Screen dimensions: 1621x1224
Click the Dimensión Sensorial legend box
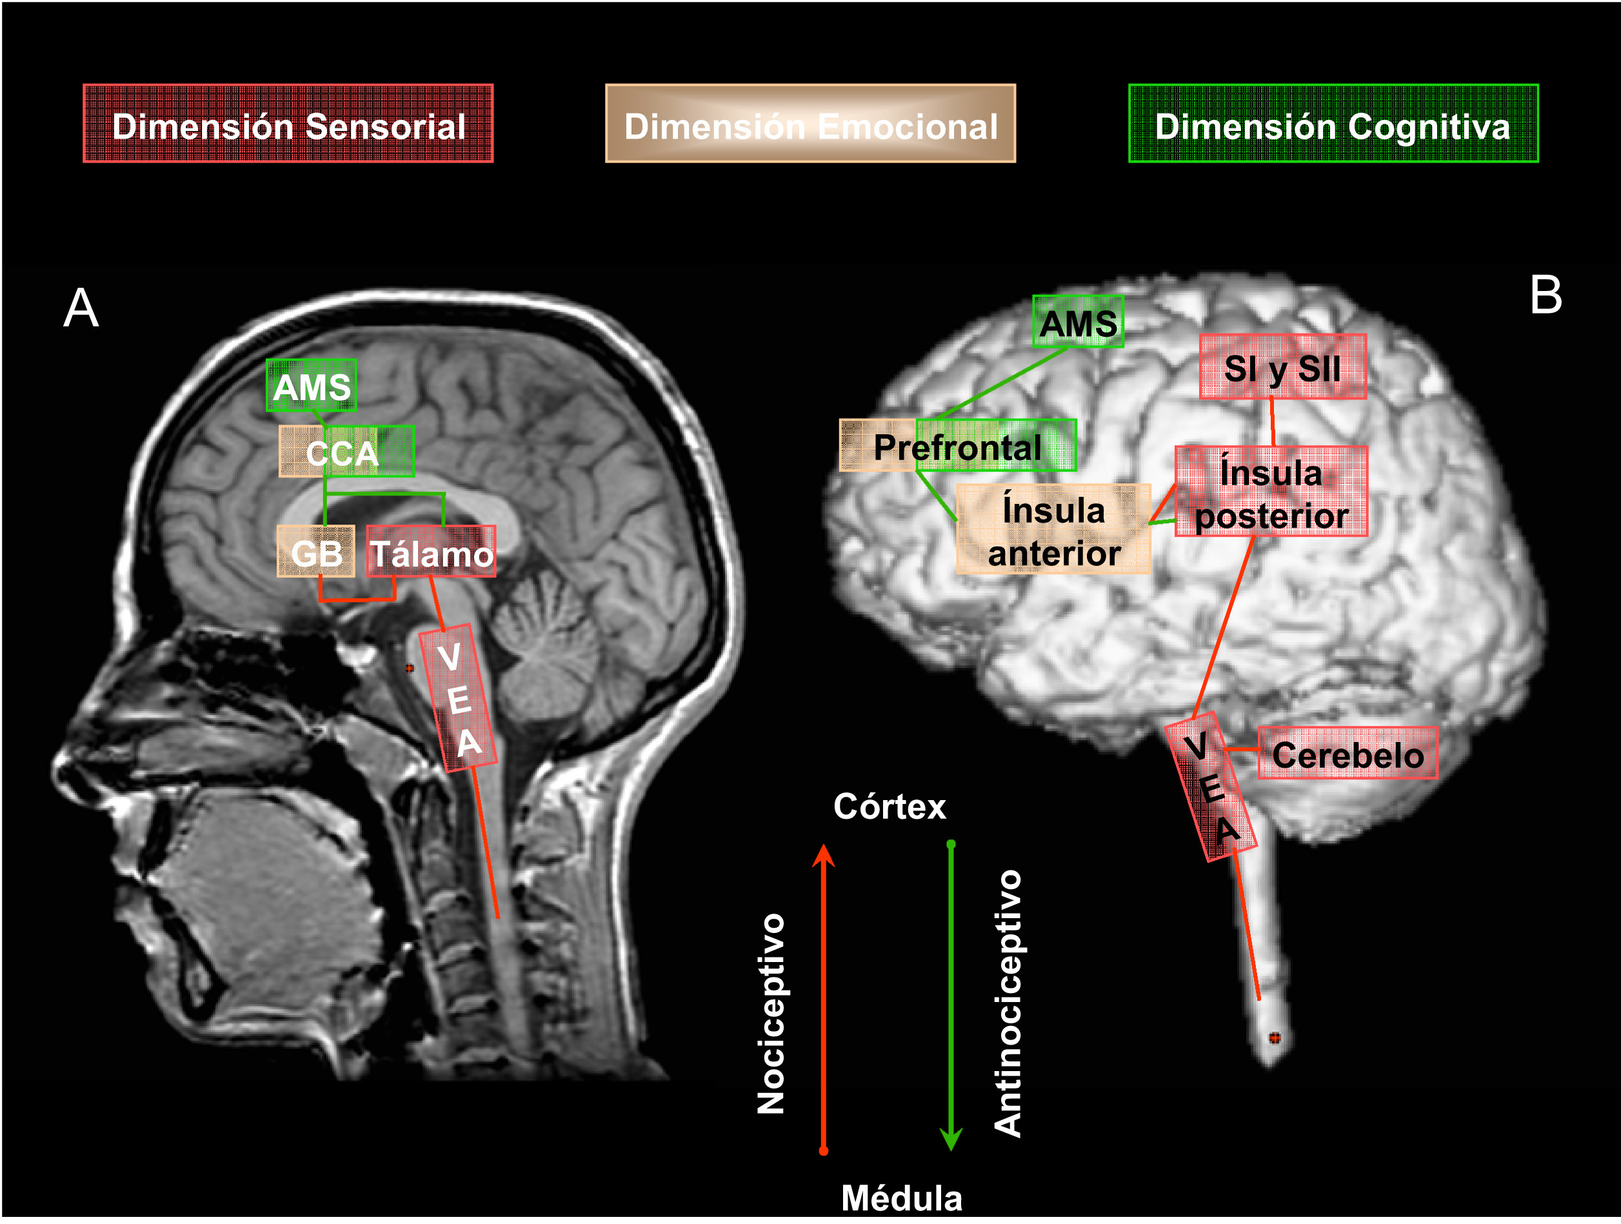pyautogui.click(x=288, y=124)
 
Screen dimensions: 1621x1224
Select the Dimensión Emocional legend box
pyautogui.click(x=810, y=124)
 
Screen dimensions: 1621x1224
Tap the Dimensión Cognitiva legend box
pyautogui.click(x=1333, y=124)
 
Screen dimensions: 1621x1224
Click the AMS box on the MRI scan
pyautogui.click(x=312, y=385)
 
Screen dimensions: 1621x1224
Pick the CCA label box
pyautogui.click(x=346, y=452)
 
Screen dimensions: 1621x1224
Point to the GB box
pyautogui.click(x=316, y=552)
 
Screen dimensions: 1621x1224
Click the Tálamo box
pyautogui.click(x=431, y=552)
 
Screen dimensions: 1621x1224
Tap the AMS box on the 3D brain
pyautogui.click(x=1078, y=322)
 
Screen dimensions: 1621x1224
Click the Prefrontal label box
pyautogui.click(x=958, y=446)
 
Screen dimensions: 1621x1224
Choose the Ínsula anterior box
pyautogui.click(x=1054, y=530)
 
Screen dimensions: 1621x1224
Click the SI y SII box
pyautogui.click(x=1282, y=367)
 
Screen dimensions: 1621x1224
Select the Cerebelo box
pyautogui.click(x=1348, y=754)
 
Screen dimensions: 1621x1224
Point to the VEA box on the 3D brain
pyautogui.click(x=1211, y=787)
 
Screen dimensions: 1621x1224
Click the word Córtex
pyautogui.click(x=890, y=807)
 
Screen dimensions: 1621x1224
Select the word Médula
pyautogui.click(x=901, y=1198)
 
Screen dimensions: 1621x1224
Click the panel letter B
pyautogui.click(x=1546, y=296)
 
